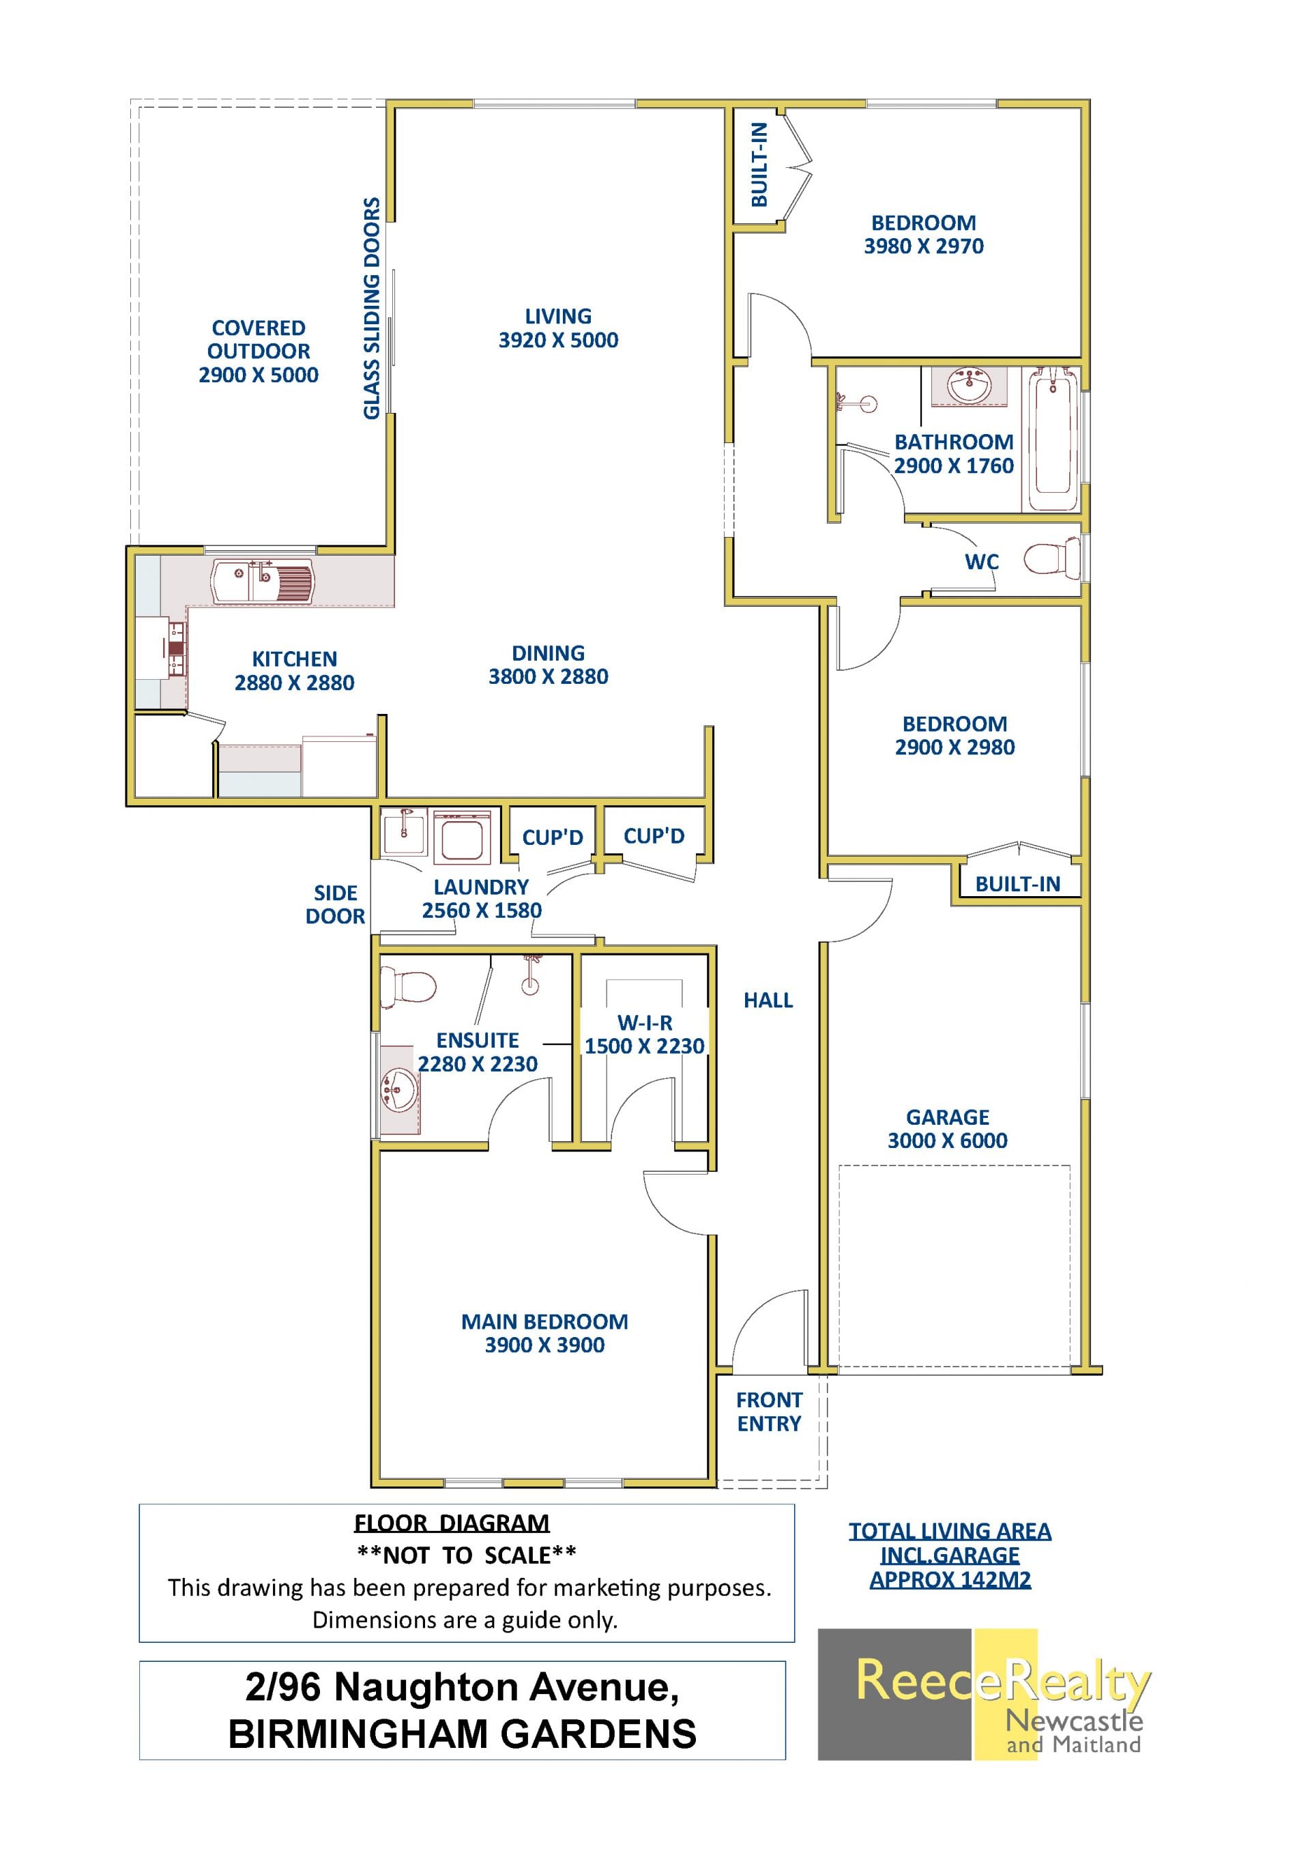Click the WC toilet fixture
click(1052, 558)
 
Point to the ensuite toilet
click(408, 986)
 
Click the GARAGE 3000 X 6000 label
click(947, 1128)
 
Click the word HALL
click(768, 1000)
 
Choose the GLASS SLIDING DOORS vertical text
click(371, 308)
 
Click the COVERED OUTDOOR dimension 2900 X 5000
click(258, 375)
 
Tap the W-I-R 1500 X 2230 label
click(645, 1034)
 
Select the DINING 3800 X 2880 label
click(548, 664)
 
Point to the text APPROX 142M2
click(950, 1579)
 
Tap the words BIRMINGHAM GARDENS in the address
click(462, 1734)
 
